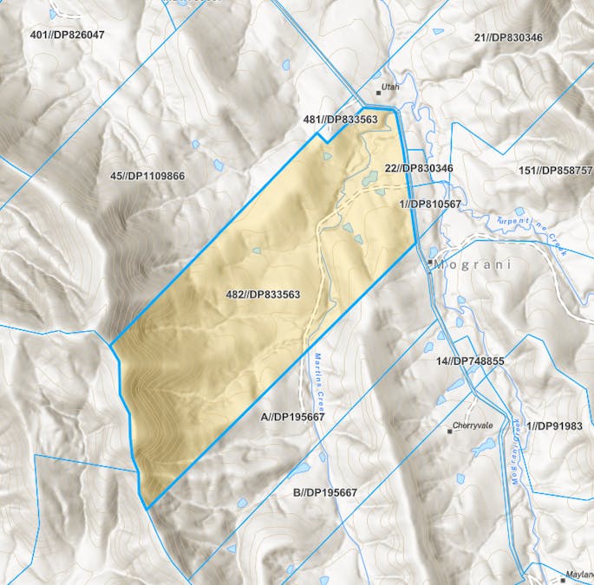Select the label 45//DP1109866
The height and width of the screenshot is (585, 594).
pos(147,176)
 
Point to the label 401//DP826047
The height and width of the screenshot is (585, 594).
pos(67,35)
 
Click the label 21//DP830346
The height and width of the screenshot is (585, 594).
pos(508,37)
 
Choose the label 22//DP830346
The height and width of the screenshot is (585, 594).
pos(418,168)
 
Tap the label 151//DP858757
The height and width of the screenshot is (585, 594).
pos(554,170)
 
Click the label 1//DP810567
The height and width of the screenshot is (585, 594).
pos(430,204)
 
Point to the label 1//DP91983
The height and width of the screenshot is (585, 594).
pos(560,426)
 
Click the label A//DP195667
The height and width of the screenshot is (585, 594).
pos(292,417)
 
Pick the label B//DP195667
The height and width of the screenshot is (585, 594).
pos(325,492)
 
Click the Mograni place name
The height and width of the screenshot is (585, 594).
pos(473,264)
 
